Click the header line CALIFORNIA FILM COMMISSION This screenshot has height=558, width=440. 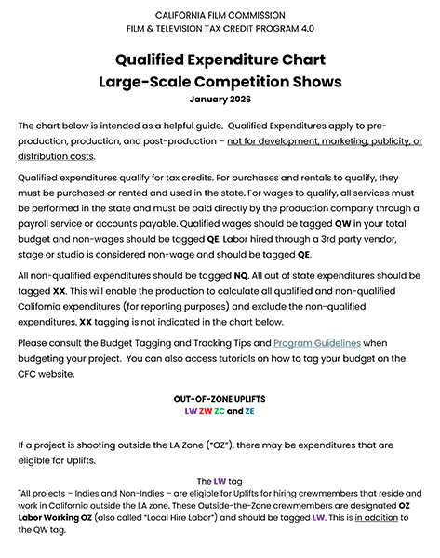(x=220, y=16)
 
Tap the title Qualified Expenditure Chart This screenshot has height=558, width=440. (x=220, y=60)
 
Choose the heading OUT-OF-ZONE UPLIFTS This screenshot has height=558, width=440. (x=220, y=398)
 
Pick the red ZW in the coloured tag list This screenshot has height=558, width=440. (x=206, y=410)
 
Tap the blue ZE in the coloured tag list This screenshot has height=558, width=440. (x=250, y=410)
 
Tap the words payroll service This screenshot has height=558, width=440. (x=55, y=221)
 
